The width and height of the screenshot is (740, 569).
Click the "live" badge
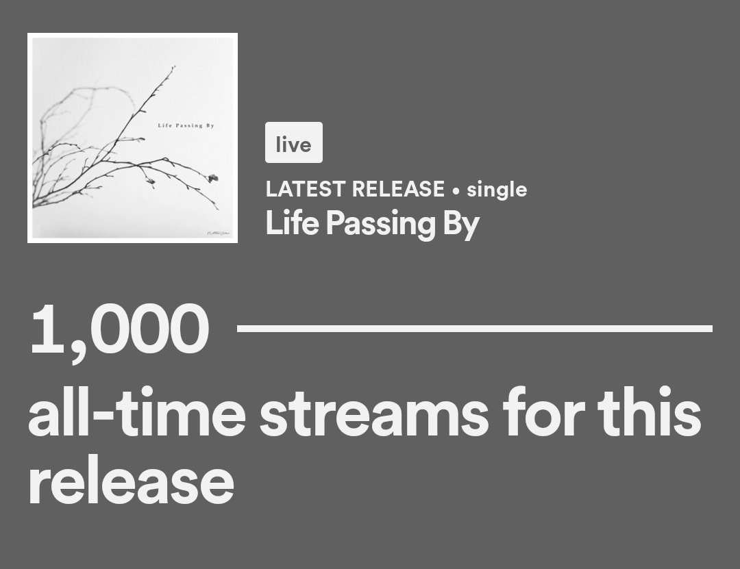tap(293, 143)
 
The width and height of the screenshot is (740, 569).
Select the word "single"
tap(497, 190)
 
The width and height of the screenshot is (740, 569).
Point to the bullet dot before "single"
tap(456, 190)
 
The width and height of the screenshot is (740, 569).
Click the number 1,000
tap(119, 329)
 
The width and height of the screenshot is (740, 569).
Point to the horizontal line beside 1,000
tap(474, 329)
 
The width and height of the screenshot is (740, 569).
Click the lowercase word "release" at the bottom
tap(131, 481)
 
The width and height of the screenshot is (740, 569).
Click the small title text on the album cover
tap(186, 125)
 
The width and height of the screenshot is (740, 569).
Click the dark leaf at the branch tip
tap(213, 177)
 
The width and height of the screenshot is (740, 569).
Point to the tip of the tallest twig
tap(174, 67)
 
